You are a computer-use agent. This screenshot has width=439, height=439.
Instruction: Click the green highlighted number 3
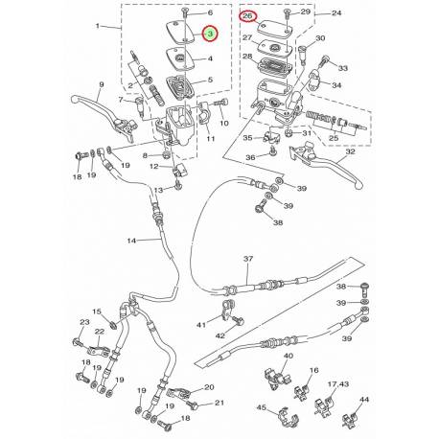(210, 34)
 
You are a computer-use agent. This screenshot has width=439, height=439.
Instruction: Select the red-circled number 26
(248, 16)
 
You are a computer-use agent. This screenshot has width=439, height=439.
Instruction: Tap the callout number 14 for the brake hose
(131, 241)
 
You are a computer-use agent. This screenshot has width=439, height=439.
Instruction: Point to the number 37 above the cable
(248, 259)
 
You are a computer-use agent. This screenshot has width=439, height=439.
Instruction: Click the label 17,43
(338, 383)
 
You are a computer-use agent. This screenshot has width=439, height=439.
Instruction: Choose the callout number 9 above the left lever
(102, 84)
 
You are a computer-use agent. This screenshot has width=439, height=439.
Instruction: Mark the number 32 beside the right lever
(350, 151)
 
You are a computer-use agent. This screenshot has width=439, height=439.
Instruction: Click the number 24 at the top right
(336, 12)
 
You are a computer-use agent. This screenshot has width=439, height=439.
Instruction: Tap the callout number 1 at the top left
(98, 26)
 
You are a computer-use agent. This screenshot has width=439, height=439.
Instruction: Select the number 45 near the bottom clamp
(262, 407)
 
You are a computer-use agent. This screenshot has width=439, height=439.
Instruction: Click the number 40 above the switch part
(289, 356)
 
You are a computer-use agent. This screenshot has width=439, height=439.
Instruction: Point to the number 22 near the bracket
(100, 332)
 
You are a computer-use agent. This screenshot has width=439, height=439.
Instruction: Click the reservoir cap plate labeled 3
(181, 32)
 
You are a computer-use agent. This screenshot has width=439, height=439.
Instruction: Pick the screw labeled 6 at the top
(185, 12)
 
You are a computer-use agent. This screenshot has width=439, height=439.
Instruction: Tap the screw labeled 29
(287, 14)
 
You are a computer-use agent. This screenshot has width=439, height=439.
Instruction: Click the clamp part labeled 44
(349, 419)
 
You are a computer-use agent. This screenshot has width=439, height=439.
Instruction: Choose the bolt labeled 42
(238, 320)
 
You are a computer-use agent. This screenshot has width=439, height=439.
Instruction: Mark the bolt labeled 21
(194, 405)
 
